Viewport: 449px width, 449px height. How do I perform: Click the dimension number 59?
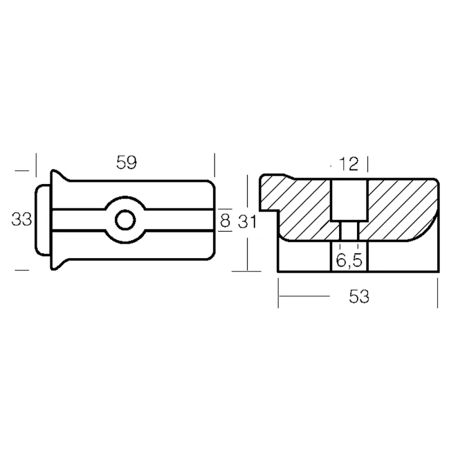[126, 162]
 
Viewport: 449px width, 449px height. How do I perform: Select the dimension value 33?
[21, 219]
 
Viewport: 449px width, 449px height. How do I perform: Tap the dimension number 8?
[225, 221]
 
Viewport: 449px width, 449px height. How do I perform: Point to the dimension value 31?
[247, 221]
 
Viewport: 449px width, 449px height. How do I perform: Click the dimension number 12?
[349, 164]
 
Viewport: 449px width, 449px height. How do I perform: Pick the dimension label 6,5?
[349, 260]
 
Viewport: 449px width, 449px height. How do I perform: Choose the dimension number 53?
[359, 296]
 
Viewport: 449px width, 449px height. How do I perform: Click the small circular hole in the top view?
[125, 220]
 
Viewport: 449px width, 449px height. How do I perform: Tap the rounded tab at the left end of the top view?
[43, 220]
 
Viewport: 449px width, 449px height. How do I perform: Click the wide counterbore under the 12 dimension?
[349, 200]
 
